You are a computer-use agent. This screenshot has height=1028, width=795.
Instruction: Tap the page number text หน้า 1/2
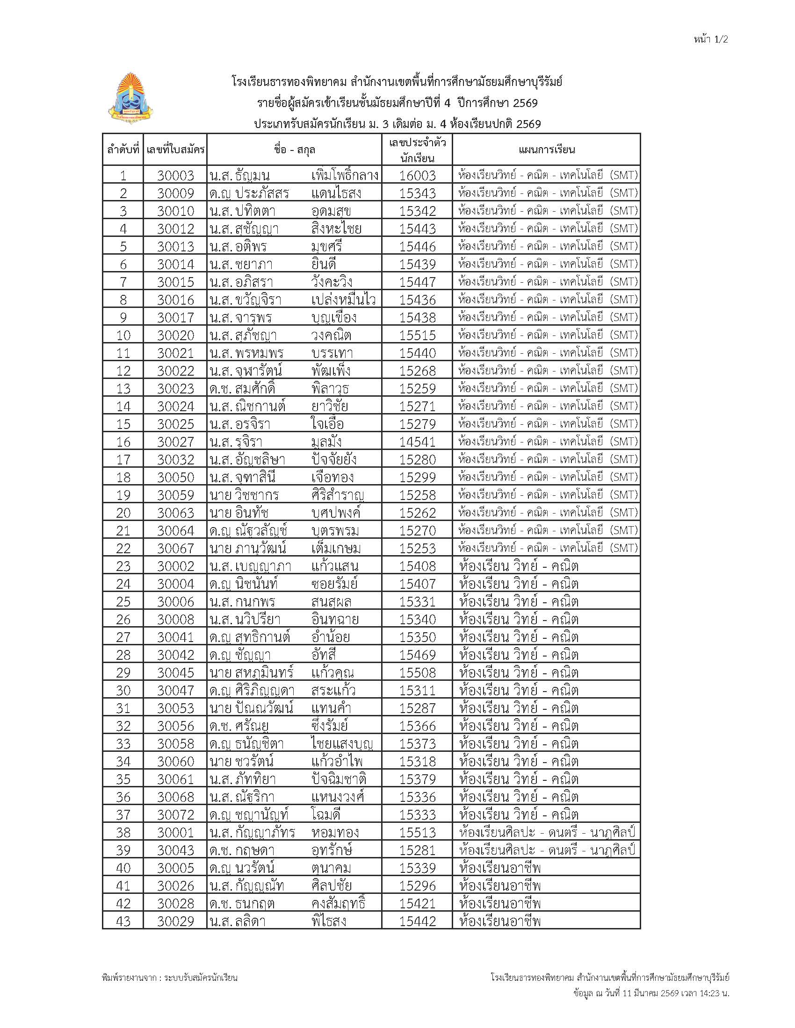pos(711,40)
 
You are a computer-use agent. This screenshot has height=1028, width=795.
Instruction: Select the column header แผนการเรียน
pos(546,150)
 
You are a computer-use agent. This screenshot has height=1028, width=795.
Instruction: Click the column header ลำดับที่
pos(123,150)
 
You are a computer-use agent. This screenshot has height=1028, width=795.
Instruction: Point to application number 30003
pos(175,176)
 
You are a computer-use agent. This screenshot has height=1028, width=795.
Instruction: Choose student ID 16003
pos(417,176)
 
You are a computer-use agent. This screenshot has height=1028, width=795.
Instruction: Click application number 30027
pos(175,442)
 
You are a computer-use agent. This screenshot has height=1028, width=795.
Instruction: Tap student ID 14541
pos(417,442)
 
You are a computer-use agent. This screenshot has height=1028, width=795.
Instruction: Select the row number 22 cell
pos(123,549)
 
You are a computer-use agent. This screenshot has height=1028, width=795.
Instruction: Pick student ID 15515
pos(417,336)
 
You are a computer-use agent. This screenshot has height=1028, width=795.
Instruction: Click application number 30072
pos(175,815)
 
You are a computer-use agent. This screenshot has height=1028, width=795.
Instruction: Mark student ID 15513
pos(417,833)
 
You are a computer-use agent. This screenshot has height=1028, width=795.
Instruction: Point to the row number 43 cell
pos(123,921)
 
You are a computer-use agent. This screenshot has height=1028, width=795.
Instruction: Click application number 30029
pos(175,921)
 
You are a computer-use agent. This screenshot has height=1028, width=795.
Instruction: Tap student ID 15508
pos(417,672)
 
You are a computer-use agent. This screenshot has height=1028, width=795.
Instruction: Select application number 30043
pos(175,850)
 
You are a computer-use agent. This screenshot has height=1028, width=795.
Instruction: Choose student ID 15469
pos(417,655)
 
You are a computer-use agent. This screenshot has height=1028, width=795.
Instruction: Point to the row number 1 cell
pos(123,176)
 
